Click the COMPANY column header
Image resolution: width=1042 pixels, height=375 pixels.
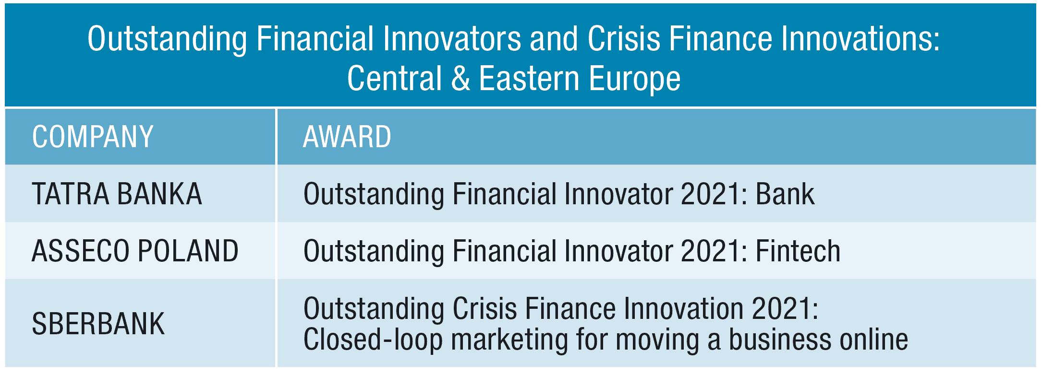point(93,137)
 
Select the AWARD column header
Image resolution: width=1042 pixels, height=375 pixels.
point(347,137)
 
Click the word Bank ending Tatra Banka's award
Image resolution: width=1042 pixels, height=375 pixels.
point(785,194)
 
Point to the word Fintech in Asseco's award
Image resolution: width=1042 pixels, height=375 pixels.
point(798,251)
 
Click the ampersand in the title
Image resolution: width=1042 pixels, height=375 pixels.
point(460,78)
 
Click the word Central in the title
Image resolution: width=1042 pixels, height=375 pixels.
point(394,78)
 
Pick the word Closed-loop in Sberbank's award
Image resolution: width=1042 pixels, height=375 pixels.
point(373,340)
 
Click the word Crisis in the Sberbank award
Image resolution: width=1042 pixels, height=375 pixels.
point(485,308)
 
